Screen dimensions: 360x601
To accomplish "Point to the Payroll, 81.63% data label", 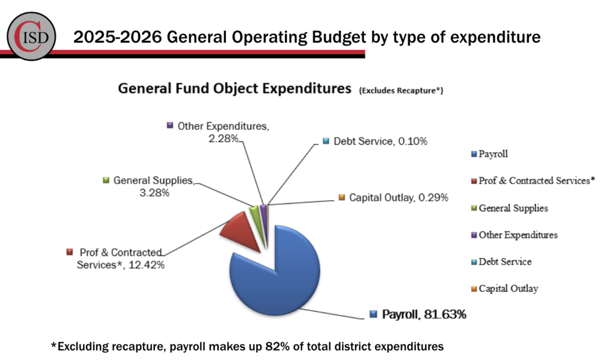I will (x=424, y=314).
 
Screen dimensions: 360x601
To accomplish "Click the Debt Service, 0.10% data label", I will (x=380, y=142).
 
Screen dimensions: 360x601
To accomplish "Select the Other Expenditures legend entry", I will (x=517, y=235).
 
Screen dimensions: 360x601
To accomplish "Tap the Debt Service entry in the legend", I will (x=505, y=262).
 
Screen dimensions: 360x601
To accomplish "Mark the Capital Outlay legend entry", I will (x=508, y=289).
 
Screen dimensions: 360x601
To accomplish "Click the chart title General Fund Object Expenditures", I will (x=234, y=89).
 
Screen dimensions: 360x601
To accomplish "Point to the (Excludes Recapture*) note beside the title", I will (x=401, y=91).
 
